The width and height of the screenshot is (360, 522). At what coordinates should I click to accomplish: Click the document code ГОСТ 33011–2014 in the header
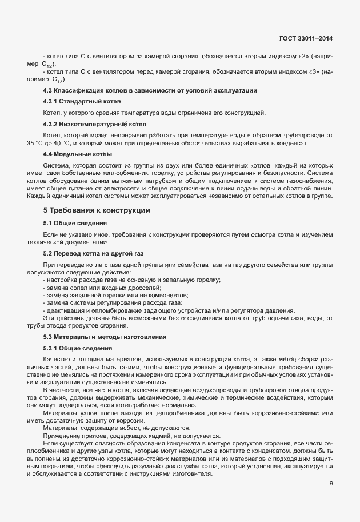click(x=306, y=38)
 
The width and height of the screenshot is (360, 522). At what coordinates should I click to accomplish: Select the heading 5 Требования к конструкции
click(x=97, y=210)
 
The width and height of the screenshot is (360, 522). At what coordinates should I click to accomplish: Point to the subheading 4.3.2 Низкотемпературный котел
click(x=95, y=123)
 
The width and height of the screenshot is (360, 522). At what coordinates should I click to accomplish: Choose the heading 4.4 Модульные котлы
click(x=77, y=154)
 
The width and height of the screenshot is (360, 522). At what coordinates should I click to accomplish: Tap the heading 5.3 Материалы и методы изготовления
click(x=105, y=337)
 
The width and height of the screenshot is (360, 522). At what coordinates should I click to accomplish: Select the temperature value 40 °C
click(x=61, y=142)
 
